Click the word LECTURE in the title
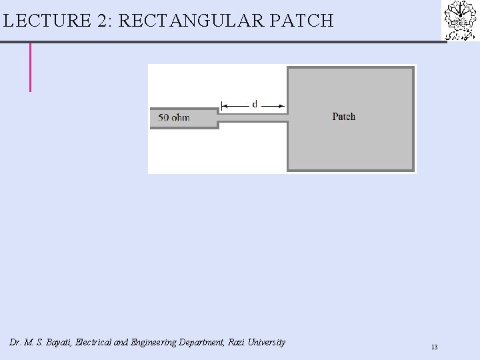coord(47,21)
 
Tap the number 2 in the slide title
coord(103,21)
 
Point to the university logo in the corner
coord(461,21)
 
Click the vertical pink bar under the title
coord(30,67)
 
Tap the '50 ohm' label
coord(174,118)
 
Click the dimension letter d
coord(255,104)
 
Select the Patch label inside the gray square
coord(344,117)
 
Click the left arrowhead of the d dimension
coord(224,105)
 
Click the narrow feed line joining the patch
coord(253,117)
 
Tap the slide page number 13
coord(434,347)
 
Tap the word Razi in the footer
coord(237,343)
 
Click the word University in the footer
coord(267,343)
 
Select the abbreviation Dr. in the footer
coord(15,343)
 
